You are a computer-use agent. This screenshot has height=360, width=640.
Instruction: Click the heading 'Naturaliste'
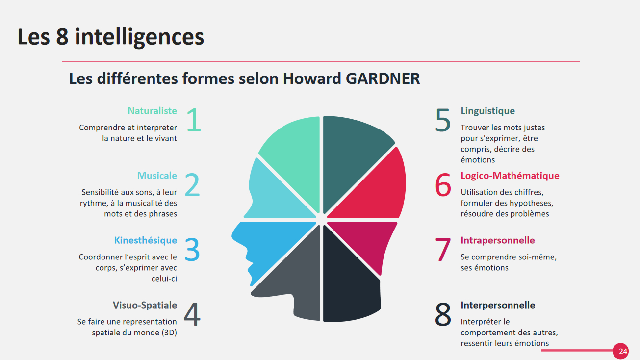[x=153, y=111]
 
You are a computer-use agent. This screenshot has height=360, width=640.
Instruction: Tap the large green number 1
[x=194, y=120]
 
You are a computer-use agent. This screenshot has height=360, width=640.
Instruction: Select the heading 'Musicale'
[x=157, y=176]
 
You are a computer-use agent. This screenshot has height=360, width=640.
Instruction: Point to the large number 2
[x=192, y=184]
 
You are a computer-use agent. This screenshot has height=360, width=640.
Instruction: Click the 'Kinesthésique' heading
[x=146, y=240]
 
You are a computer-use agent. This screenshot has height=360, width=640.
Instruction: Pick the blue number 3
[x=192, y=250]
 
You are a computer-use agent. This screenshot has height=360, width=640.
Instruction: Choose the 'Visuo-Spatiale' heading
[x=145, y=305]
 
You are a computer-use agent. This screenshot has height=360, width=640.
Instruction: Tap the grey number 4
[x=192, y=314]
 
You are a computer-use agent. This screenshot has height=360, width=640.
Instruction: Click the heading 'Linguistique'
[x=487, y=111]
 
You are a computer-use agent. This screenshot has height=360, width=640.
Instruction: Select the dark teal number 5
[x=443, y=120]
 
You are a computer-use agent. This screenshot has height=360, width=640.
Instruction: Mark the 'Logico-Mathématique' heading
[x=510, y=176]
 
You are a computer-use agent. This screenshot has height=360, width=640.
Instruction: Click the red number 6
[x=443, y=184]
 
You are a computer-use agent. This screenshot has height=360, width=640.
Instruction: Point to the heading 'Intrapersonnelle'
[x=498, y=240]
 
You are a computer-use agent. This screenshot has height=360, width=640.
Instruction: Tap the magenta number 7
[x=443, y=250]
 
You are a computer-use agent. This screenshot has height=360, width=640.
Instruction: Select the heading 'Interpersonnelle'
[x=498, y=305]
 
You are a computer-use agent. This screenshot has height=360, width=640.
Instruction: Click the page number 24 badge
[x=620, y=351]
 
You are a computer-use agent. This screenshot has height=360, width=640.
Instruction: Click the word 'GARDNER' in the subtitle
[x=383, y=78]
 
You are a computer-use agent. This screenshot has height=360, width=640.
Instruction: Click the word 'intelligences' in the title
[x=139, y=38]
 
